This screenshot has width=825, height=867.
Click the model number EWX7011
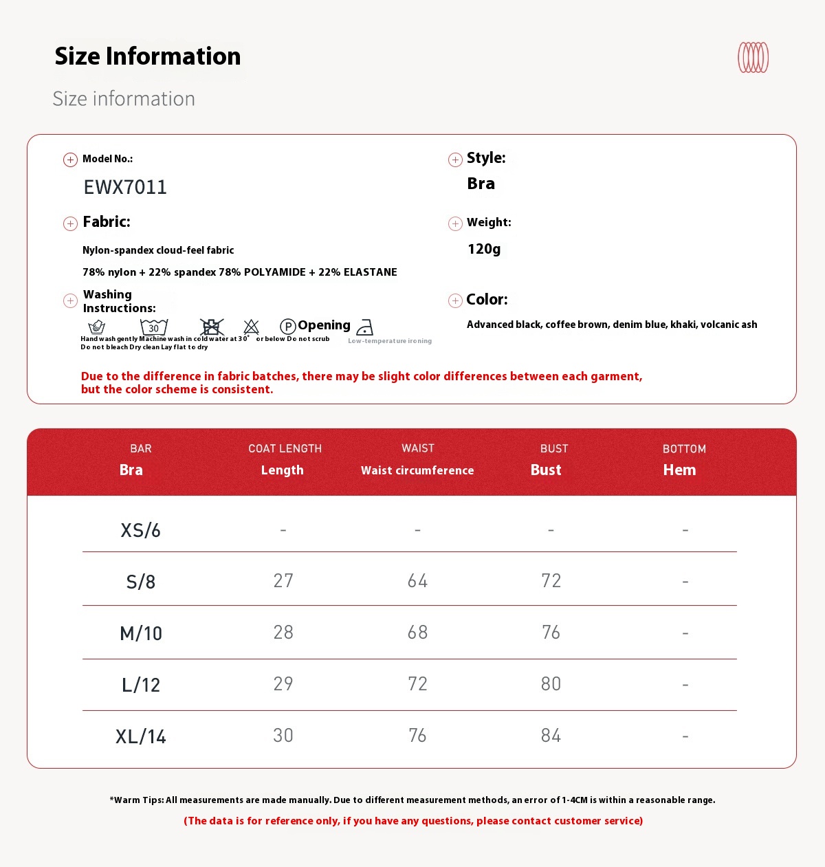coord(125,187)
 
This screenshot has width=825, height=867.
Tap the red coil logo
coord(753,58)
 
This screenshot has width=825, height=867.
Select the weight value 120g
coord(484,249)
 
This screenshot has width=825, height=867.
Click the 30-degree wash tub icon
coord(154,327)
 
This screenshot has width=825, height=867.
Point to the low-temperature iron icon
coord(365,327)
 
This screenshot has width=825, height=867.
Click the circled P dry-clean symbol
coord(288,327)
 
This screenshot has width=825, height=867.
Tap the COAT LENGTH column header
coord(285,449)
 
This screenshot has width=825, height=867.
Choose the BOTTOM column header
coord(684,449)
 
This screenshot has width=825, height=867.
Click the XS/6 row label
coord(140,530)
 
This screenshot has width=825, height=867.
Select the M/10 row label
coord(141,633)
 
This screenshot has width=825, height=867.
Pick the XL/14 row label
coord(141,736)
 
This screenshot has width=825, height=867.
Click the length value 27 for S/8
coord(283,581)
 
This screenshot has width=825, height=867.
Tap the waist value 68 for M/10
coord(417,633)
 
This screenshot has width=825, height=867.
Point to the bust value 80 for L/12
coord(551,684)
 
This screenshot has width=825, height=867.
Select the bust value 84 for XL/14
coord(551,736)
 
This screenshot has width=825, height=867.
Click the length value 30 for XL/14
coord(283,736)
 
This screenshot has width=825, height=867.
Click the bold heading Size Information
coord(148,56)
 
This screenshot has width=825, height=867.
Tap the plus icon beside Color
coord(455,300)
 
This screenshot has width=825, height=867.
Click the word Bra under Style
coord(481,184)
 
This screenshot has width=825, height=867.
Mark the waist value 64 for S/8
coord(417,581)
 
